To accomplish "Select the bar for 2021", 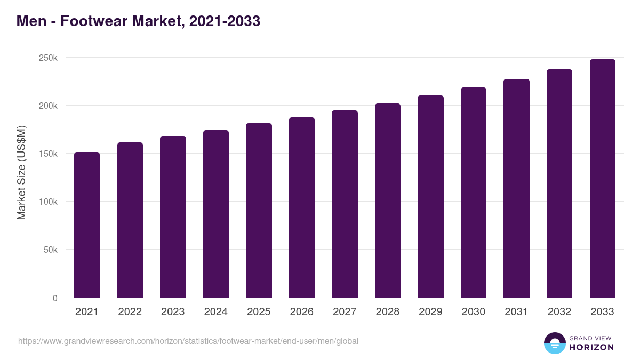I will click(87, 225).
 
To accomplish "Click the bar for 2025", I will click(259, 210).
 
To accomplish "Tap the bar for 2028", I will click(387, 201).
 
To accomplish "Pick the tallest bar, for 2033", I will click(602, 178).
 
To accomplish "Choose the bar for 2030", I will click(474, 193).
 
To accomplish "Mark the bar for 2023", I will click(173, 217).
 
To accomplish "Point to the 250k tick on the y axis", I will click(48, 58).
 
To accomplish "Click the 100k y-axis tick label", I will click(48, 202).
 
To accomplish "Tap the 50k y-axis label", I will click(50, 250).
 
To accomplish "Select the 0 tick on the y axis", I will click(55, 298).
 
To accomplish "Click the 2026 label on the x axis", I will click(301, 312).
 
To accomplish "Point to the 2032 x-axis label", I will click(559, 312).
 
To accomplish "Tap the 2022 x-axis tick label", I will click(130, 312).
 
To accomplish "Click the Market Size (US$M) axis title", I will click(21, 172).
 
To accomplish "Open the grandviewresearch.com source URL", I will click(188, 341).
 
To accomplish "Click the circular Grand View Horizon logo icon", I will click(554, 343).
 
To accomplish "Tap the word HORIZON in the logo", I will click(591, 347).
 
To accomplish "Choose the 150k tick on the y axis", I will click(48, 154).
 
